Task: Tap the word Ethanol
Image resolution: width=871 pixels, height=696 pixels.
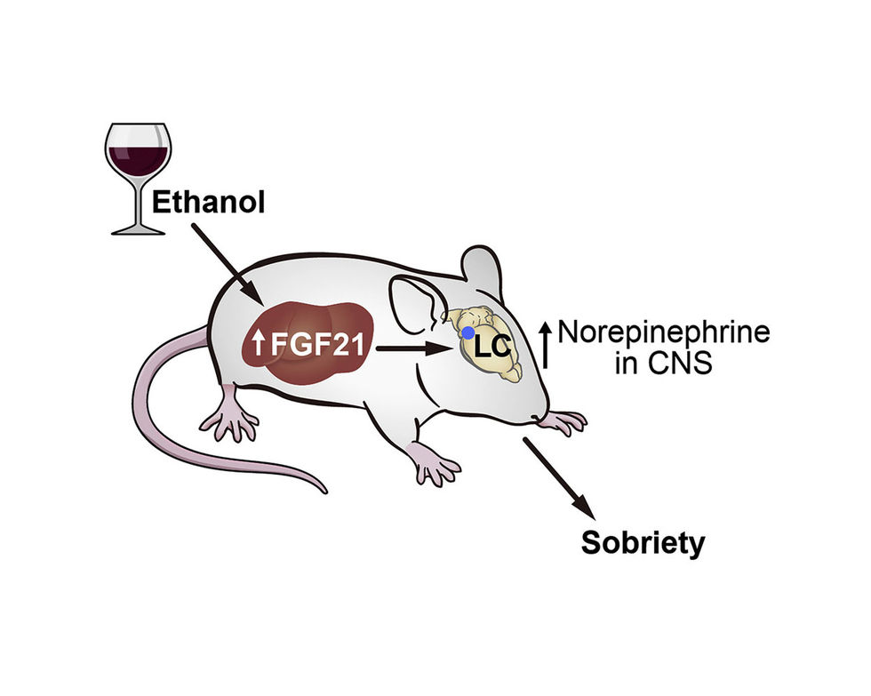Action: pyautogui.click(x=209, y=202)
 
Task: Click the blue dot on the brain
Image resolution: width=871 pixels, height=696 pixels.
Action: pyautogui.click(x=467, y=332)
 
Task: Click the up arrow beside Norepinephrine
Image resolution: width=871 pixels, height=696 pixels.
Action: pyautogui.click(x=546, y=347)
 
